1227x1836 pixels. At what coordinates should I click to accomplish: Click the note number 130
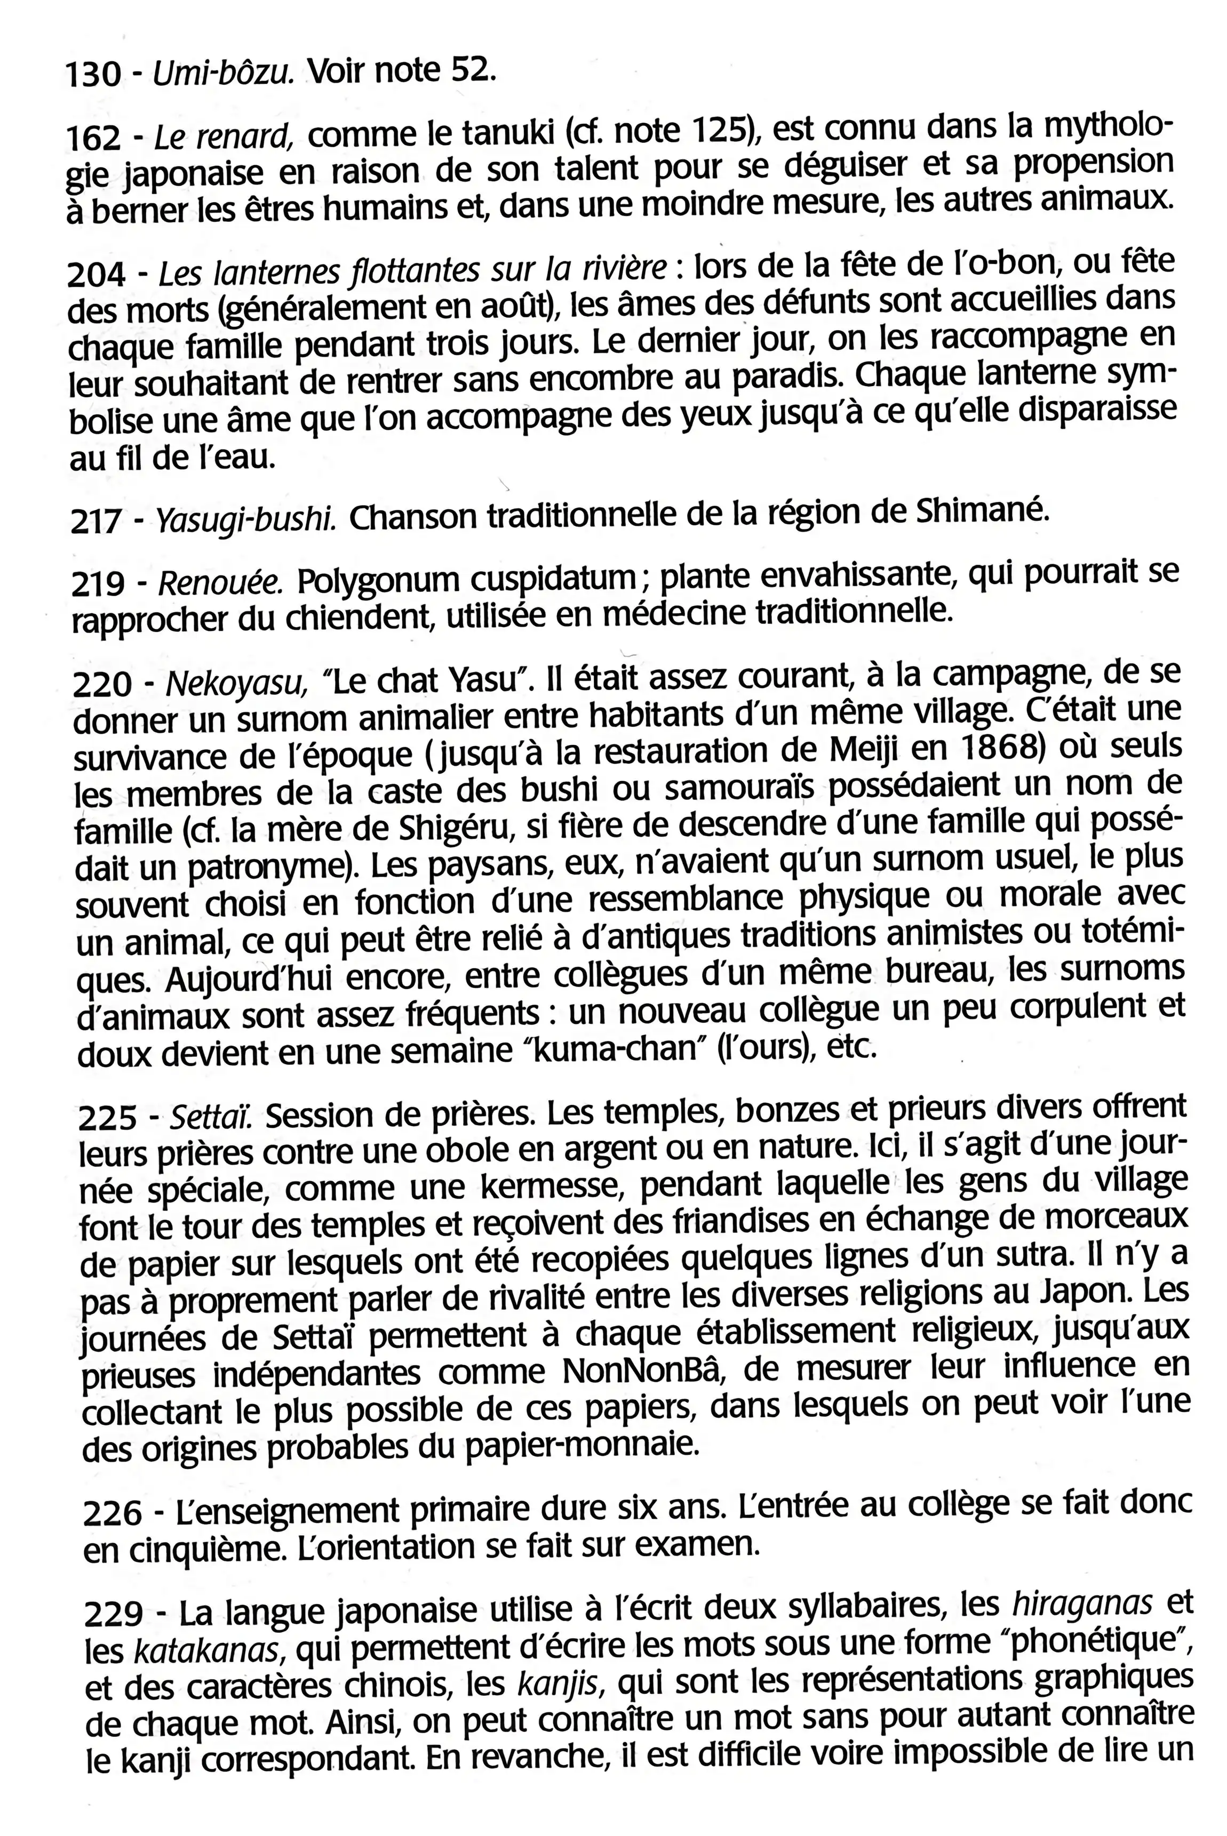tap(93, 75)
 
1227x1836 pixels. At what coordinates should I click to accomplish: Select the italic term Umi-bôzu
tap(224, 74)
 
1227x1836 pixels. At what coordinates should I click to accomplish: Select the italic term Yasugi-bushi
tap(246, 519)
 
